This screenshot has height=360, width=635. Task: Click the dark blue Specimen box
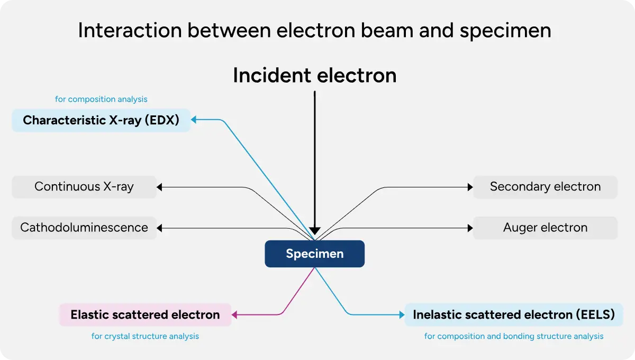click(x=314, y=254)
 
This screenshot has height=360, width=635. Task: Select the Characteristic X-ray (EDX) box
click(x=101, y=121)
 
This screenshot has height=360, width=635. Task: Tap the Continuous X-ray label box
click(x=84, y=187)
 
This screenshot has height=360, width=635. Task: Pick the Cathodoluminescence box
click(x=84, y=228)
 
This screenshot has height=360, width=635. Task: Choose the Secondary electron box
click(x=545, y=187)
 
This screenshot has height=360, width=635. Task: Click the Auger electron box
click(x=545, y=228)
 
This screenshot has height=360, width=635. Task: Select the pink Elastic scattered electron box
click(x=145, y=315)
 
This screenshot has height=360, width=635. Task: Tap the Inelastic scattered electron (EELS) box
click(x=513, y=315)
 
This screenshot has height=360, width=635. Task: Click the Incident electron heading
click(x=314, y=76)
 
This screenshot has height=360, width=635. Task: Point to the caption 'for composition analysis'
click(x=101, y=99)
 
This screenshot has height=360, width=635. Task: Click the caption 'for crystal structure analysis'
click(x=145, y=336)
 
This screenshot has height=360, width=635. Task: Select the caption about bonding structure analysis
click(x=513, y=336)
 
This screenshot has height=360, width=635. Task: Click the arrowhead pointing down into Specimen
click(x=315, y=231)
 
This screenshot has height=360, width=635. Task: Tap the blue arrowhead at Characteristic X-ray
click(x=194, y=120)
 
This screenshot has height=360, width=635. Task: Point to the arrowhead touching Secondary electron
click(x=469, y=187)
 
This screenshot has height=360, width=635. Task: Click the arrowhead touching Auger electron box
click(x=469, y=228)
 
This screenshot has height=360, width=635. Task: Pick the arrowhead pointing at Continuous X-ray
click(x=160, y=187)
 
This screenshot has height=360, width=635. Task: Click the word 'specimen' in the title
click(x=505, y=30)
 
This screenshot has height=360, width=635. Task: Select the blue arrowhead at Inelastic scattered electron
click(x=401, y=315)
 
